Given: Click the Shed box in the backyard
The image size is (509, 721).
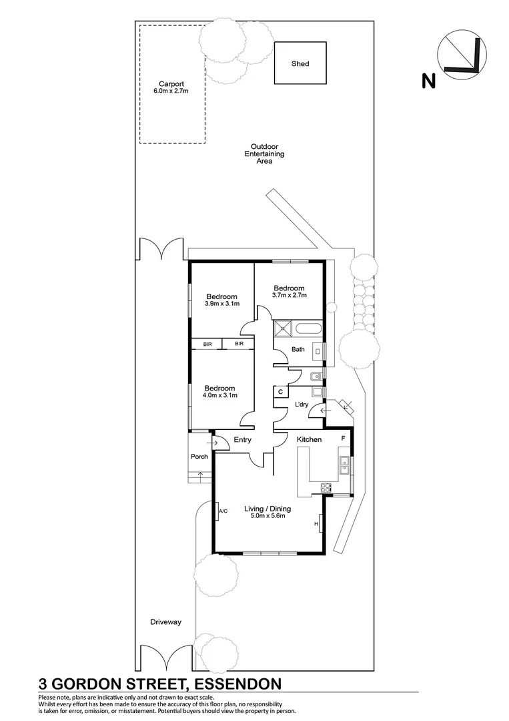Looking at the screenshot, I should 300,63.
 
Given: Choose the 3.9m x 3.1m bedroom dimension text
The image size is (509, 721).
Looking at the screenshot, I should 221,304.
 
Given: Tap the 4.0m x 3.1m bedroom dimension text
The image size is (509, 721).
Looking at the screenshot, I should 219,395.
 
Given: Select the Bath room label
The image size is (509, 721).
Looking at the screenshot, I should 298,349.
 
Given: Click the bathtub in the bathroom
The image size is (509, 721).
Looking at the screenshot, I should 308,328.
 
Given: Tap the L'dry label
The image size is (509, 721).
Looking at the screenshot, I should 302,405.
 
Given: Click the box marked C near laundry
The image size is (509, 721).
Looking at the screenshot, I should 281,392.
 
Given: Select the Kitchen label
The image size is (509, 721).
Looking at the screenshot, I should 309,439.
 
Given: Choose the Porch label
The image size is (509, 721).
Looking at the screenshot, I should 199,457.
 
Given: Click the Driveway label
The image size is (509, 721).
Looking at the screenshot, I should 165,622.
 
